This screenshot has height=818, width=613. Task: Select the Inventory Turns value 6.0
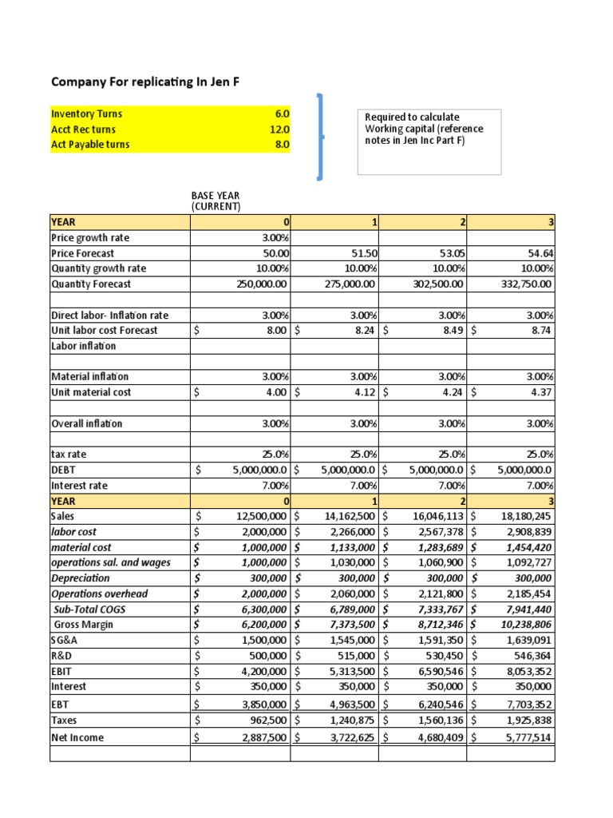(x=282, y=114)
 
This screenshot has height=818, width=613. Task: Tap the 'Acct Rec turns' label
(x=83, y=129)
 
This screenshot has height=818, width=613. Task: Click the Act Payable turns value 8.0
(x=282, y=145)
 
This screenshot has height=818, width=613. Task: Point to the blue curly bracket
(x=321, y=135)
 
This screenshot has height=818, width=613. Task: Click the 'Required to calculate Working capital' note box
(x=429, y=141)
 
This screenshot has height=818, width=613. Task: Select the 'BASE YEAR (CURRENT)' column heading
(x=216, y=201)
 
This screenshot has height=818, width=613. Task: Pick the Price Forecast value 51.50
(x=362, y=252)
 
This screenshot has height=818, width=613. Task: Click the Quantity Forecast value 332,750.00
(x=530, y=284)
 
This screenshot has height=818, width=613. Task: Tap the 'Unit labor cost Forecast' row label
(x=104, y=330)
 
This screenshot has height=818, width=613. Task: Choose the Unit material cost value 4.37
(x=543, y=392)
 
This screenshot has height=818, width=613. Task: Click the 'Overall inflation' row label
(x=86, y=423)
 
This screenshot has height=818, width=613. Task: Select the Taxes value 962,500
(x=266, y=719)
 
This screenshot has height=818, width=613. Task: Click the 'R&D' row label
(x=61, y=656)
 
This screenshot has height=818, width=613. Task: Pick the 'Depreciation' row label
(x=81, y=578)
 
